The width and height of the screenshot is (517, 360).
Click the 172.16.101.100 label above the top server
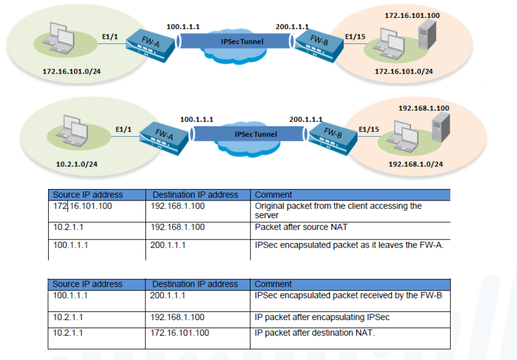[412, 15]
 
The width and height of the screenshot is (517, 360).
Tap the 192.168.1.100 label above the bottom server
[424, 108]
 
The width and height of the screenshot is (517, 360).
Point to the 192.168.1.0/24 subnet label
[415, 164]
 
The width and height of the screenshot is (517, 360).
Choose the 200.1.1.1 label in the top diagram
[292, 27]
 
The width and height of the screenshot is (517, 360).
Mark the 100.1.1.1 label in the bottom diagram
[196, 119]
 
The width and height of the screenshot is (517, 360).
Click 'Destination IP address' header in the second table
[195, 284]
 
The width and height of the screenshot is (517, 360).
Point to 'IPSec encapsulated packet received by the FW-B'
[348, 295]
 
